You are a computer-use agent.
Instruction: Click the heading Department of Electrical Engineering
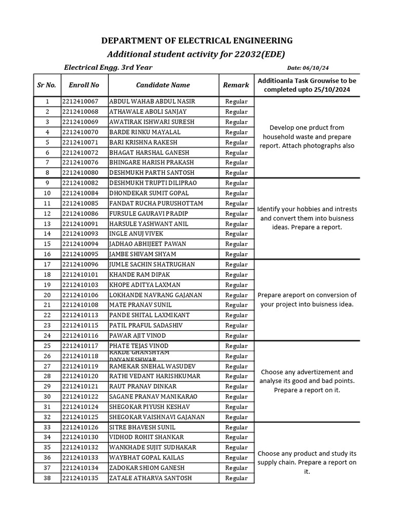[x=197, y=41]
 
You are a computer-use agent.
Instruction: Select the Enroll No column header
[x=84, y=85]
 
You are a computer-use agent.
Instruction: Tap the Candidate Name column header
[x=163, y=85]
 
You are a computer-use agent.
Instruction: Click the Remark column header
[x=236, y=85]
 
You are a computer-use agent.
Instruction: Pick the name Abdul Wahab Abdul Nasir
[x=152, y=102]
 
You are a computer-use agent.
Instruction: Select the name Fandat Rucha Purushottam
[x=156, y=204]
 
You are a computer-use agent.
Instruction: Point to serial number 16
[x=47, y=254]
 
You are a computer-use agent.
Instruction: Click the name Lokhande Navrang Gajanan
[x=155, y=295]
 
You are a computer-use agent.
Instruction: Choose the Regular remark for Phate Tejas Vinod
[x=236, y=346]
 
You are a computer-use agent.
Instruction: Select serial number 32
[x=47, y=417]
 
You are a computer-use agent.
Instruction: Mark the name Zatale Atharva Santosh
[x=150, y=478]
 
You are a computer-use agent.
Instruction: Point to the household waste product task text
[x=307, y=136]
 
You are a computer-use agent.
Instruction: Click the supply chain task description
[x=307, y=462]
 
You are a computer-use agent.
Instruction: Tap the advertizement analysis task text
[x=307, y=381]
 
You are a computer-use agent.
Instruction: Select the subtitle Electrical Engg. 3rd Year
[x=108, y=68]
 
